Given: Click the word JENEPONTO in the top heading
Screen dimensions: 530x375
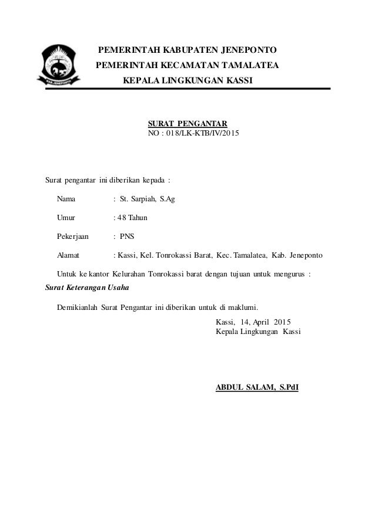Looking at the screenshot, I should pyautogui.click(x=242, y=49).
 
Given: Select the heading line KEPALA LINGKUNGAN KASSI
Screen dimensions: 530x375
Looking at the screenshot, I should pyautogui.click(x=187, y=79).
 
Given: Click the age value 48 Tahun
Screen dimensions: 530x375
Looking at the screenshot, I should pyautogui.click(x=132, y=218).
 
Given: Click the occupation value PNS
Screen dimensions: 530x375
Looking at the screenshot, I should pyautogui.click(x=127, y=237).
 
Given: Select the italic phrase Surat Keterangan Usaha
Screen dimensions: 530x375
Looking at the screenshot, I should pyautogui.click(x=87, y=288).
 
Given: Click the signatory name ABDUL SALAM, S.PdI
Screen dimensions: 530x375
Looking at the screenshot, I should pyautogui.click(x=257, y=387).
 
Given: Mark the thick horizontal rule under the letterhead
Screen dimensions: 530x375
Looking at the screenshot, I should pyautogui.click(x=223, y=89).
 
